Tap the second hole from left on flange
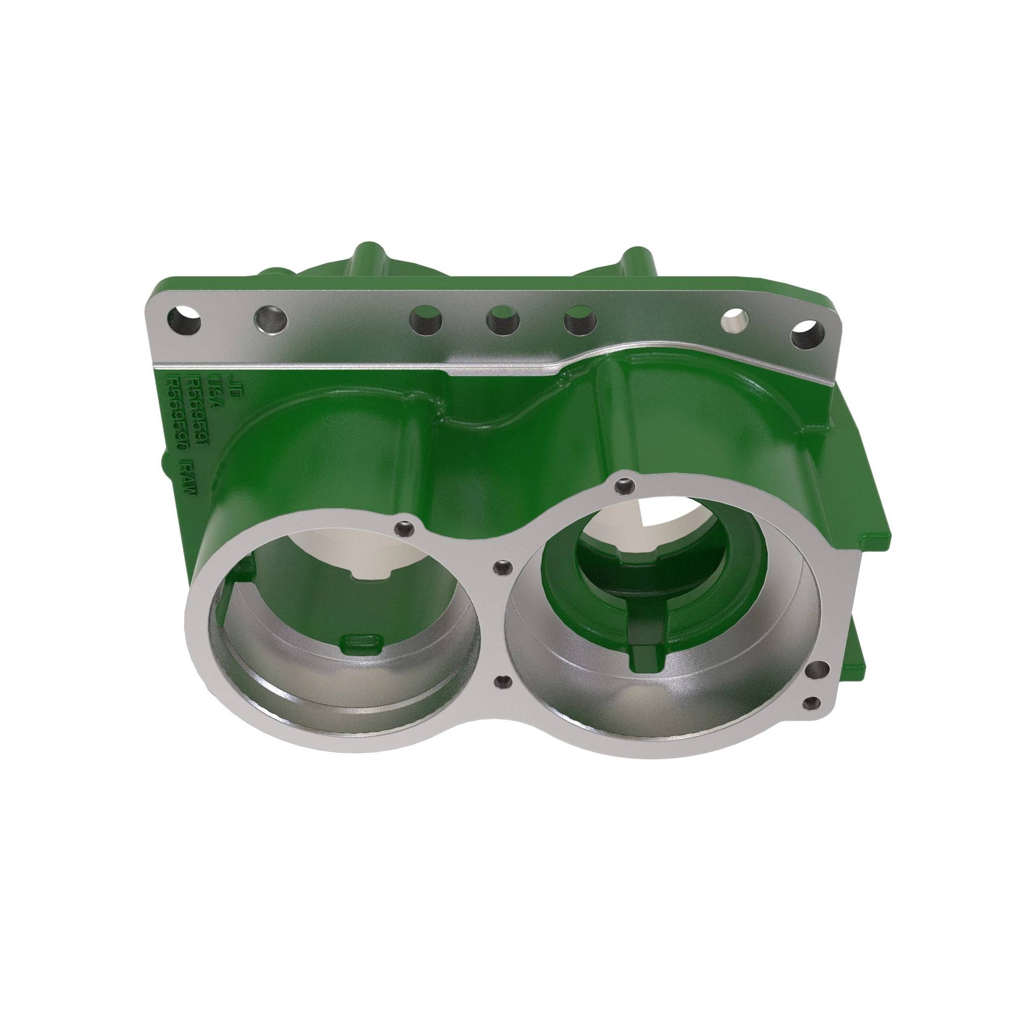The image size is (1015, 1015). tap(270, 319)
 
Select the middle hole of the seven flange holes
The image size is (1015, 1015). tap(503, 320)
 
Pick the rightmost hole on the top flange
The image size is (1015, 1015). tap(807, 334)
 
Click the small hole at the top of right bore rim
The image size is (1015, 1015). tap(624, 486)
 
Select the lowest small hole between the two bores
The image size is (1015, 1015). tap(503, 682)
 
